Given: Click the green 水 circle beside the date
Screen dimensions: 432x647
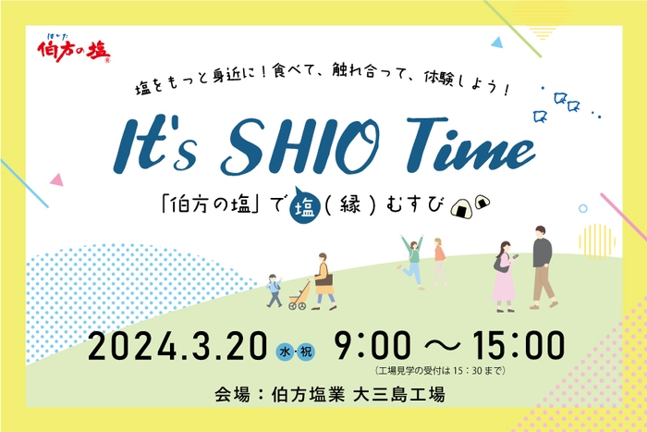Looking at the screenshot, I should (286, 351).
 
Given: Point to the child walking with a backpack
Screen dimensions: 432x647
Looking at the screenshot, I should (275, 289).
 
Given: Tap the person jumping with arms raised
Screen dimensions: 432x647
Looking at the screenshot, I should (411, 260).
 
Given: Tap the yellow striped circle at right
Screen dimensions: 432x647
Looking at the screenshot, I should (597, 240).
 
